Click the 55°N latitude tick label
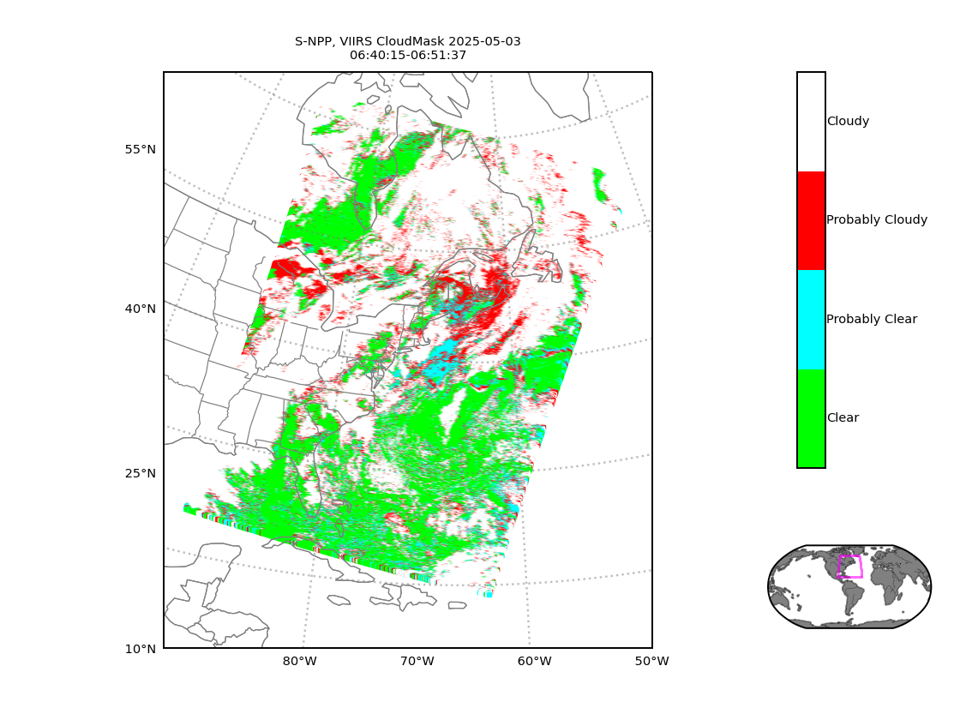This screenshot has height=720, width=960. click(141, 150)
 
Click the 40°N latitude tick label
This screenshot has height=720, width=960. click(141, 309)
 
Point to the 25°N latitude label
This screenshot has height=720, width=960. click(141, 474)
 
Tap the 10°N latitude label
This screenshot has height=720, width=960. click(141, 650)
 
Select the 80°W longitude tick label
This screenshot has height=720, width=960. click(299, 662)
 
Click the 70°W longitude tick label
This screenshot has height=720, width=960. click(417, 662)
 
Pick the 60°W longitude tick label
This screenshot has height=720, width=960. click(535, 662)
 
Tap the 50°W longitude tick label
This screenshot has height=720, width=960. click(652, 662)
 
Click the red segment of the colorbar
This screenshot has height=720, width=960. click(811, 220)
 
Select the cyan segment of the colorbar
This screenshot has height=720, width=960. click(811, 320)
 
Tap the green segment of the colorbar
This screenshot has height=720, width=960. click(811, 418)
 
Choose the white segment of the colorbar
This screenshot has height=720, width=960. click(811, 122)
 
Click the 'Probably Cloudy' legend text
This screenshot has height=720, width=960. click(877, 219)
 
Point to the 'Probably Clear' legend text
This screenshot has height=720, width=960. click(872, 319)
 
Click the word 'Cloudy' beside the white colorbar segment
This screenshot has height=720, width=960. click(848, 121)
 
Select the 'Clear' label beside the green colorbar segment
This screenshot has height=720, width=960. click(843, 417)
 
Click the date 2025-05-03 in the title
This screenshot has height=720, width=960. click(484, 42)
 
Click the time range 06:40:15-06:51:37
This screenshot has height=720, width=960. click(408, 55)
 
